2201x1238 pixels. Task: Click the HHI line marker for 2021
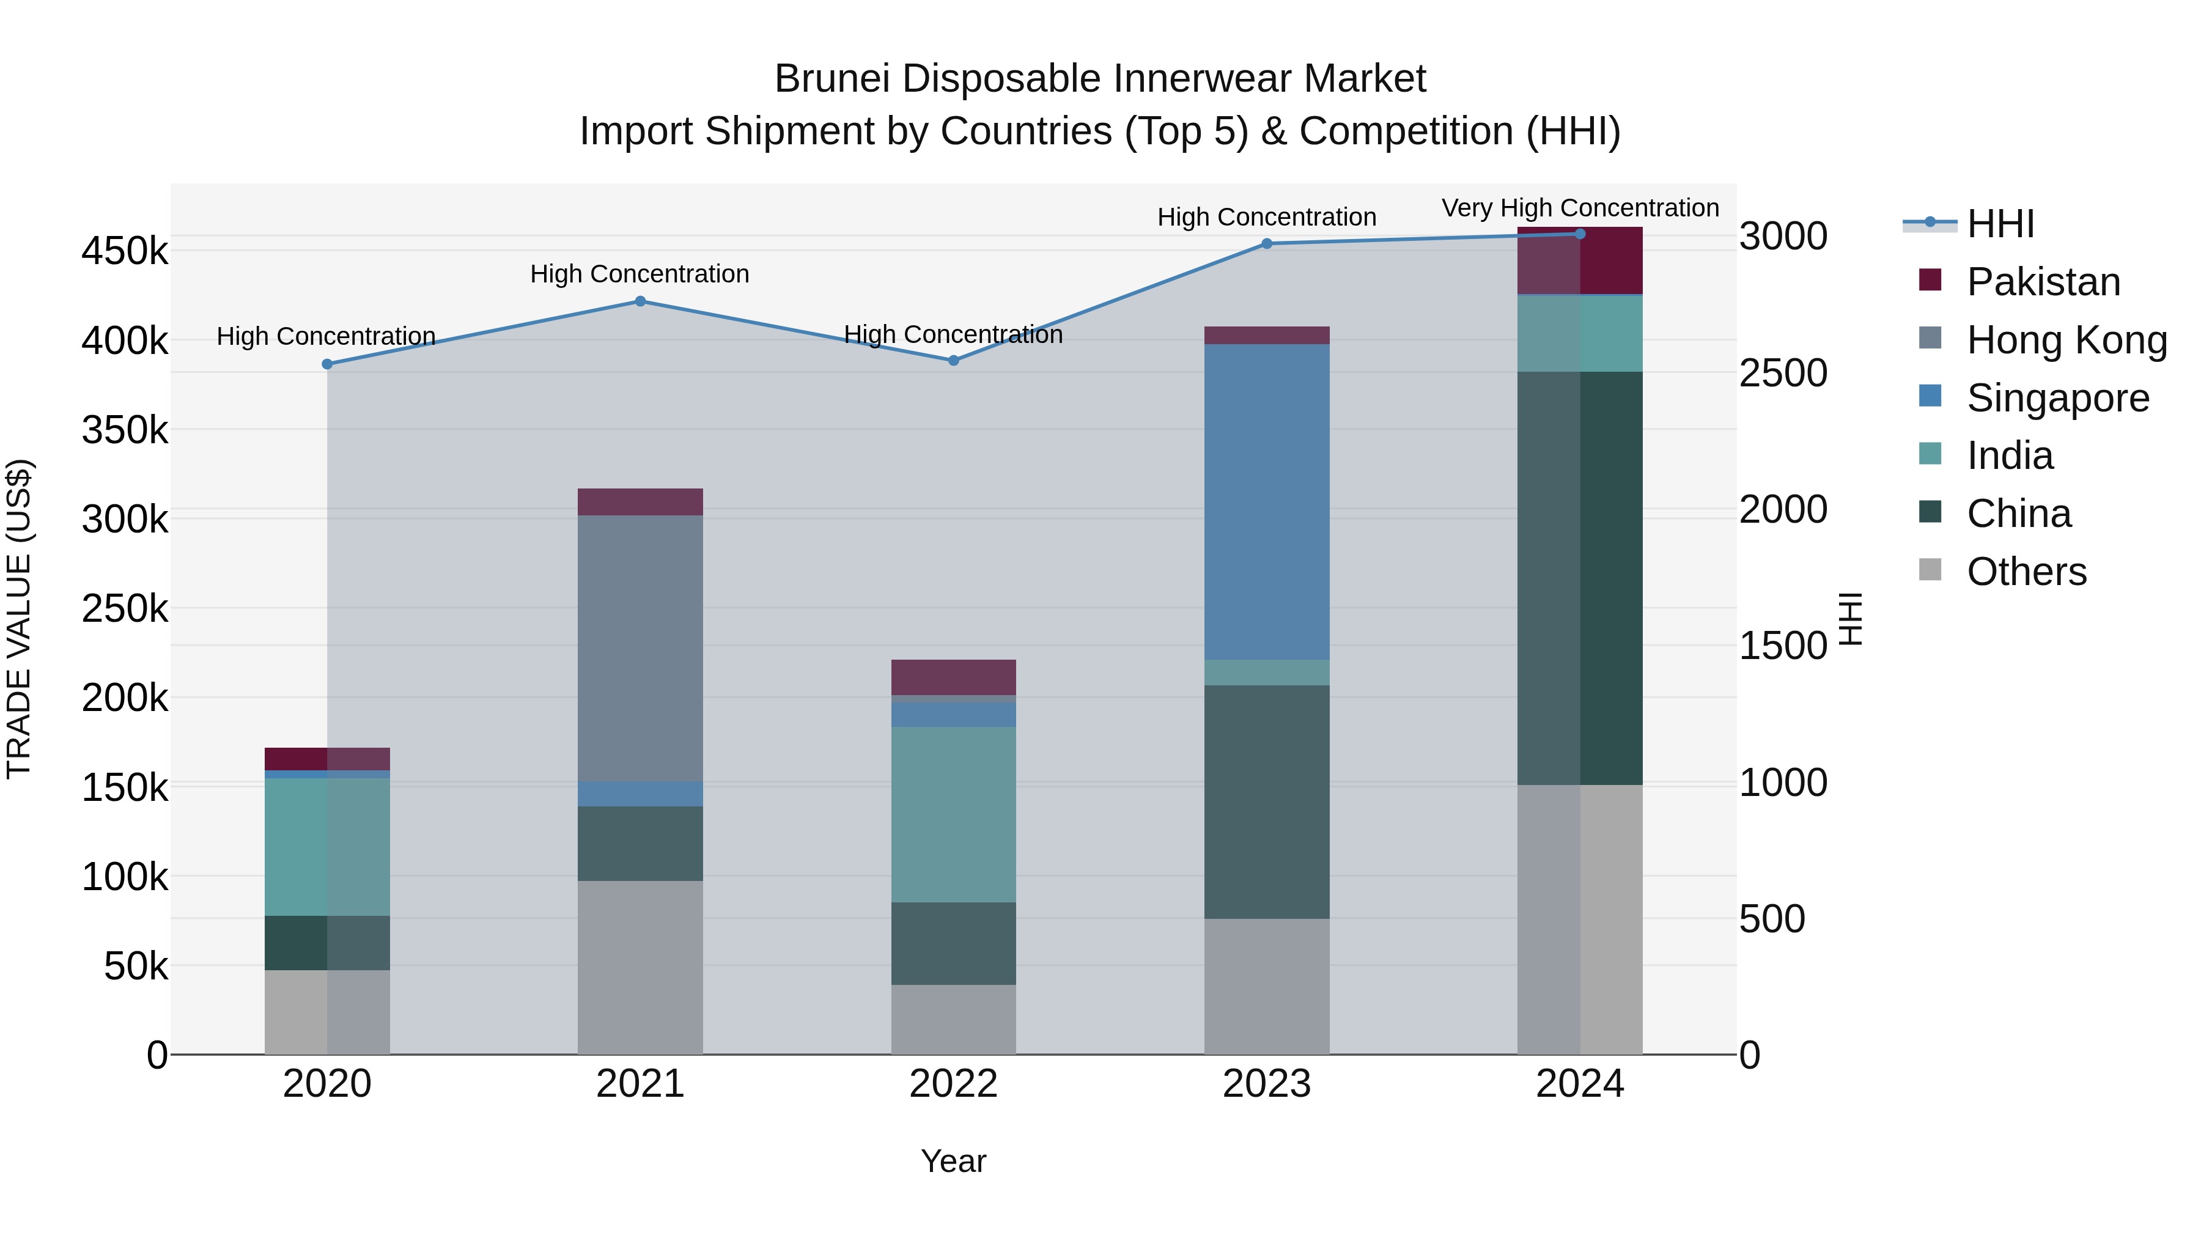640,301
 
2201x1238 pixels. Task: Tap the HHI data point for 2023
1266,243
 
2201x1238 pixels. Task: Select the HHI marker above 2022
954,361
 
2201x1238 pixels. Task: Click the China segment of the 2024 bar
1579,578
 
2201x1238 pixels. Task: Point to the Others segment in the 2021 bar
640,967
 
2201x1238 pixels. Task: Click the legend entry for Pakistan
2042,282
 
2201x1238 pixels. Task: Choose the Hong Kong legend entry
2066,340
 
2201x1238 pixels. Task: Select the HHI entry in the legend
1999,224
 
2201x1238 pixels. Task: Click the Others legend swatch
1930,570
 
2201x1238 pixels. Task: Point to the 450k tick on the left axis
125,251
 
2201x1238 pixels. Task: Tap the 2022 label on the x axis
954,1084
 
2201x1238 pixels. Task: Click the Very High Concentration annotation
1580,208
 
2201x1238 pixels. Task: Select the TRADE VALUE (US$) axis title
19,619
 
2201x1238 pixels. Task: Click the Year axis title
954,1161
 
